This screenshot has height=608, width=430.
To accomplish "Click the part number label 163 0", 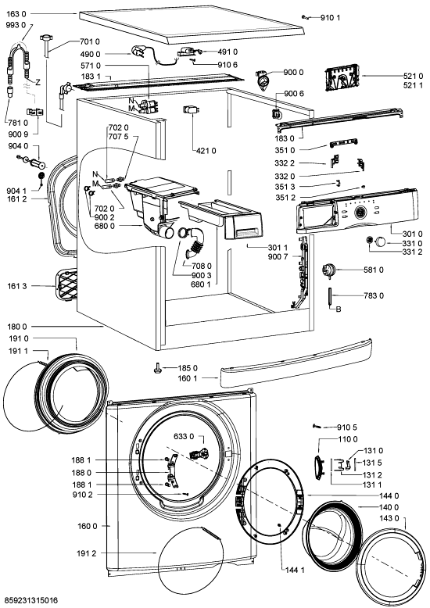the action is [16, 14].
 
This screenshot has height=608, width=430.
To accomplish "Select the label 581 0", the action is [374, 270].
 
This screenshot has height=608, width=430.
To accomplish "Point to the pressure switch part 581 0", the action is [328, 270].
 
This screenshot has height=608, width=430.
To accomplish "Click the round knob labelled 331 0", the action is [380, 242].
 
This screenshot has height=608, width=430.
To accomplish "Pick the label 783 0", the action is [374, 295].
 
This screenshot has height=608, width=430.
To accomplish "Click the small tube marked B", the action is [329, 296].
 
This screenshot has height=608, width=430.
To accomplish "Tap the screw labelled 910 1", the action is [305, 16].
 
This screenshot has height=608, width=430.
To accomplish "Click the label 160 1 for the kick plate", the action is [188, 378].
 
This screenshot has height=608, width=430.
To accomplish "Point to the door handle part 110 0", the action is [318, 464].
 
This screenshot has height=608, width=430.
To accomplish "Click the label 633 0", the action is [184, 437].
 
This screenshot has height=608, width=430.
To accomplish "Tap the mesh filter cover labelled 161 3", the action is [66, 285].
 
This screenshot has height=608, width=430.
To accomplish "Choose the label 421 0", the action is [206, 151].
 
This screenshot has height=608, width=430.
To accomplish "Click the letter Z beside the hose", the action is [38, 82].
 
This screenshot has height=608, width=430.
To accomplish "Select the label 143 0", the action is [389, 518].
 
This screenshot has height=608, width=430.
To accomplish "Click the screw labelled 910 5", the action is [317, 426].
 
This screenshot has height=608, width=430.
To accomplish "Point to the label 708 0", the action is [202, 266].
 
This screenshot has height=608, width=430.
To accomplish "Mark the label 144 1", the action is [295, 570].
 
